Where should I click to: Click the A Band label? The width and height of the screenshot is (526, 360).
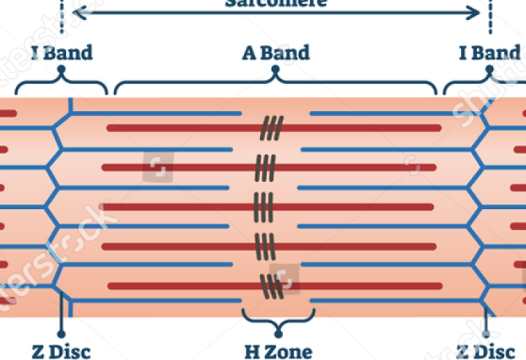[x=275, y=53]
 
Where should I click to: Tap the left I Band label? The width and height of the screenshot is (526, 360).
[x=62, y=53]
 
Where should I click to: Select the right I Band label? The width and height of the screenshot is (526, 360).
[x=489, y=53]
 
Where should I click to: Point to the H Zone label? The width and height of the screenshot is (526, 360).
[x=276, y=351]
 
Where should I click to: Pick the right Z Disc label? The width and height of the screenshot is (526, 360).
[x=487, y=351]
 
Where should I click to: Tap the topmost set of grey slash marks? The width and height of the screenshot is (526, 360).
[x=273, y=125]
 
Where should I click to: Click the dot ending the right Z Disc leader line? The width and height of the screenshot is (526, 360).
[x=487, y=331]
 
